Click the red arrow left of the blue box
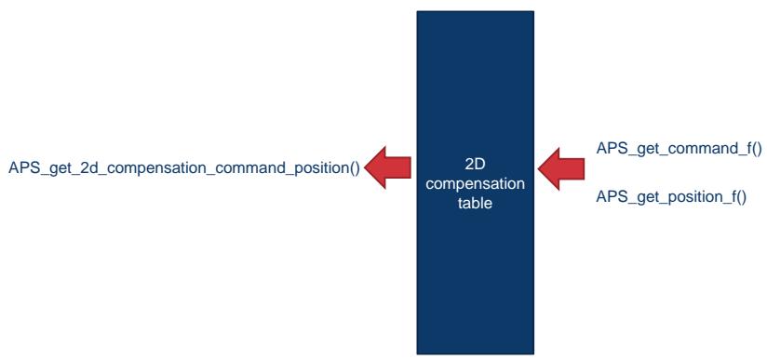(x=388, y=167)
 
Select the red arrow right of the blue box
(x=561, y=168)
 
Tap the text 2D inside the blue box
(x=475, y=165)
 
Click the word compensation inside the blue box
(x=475, y=184)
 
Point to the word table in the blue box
(x=475, y=203)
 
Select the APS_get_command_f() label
(x=679, y=149)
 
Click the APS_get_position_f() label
(x=671, y=197)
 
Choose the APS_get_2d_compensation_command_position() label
(x=184, y=168)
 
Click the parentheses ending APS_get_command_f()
(x=756, y=149)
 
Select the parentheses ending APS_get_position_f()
(x=741, y=197)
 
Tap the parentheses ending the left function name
(x=354, y=168)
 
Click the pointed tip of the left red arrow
(x=366, y=167)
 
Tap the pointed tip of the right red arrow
(x=538, y=168)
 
